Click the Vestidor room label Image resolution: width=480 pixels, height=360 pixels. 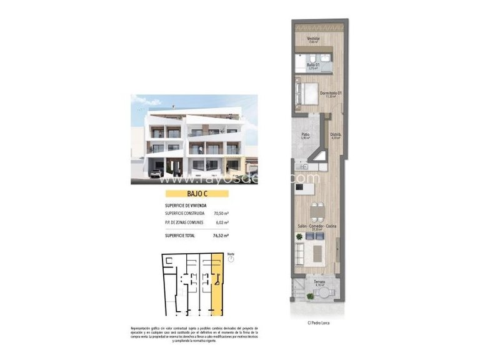point(314,39)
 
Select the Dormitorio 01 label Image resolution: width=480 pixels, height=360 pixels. point(331,94)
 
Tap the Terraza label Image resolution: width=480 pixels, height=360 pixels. point(318,282)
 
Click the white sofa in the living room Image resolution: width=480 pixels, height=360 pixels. point(301,250)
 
